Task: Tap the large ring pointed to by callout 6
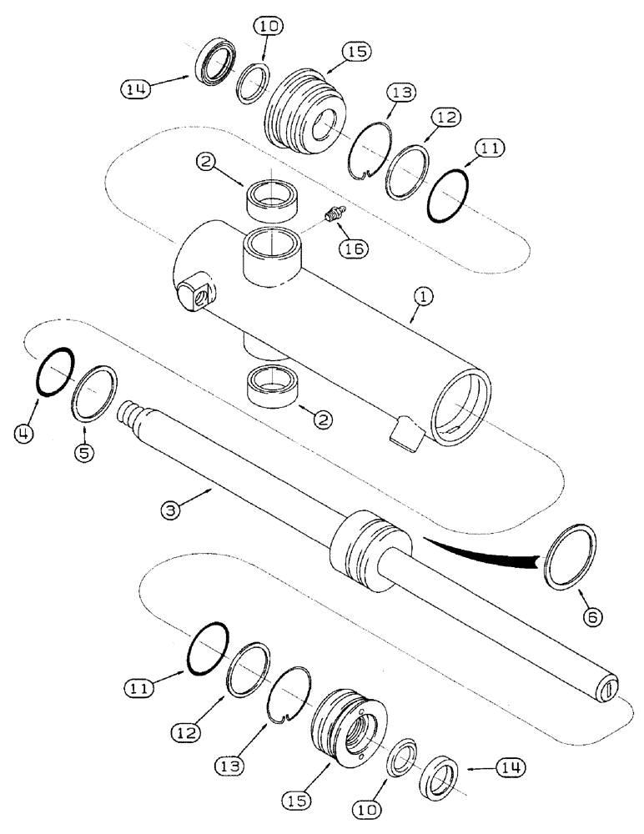pyautogui.click(x=570, y=555)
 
